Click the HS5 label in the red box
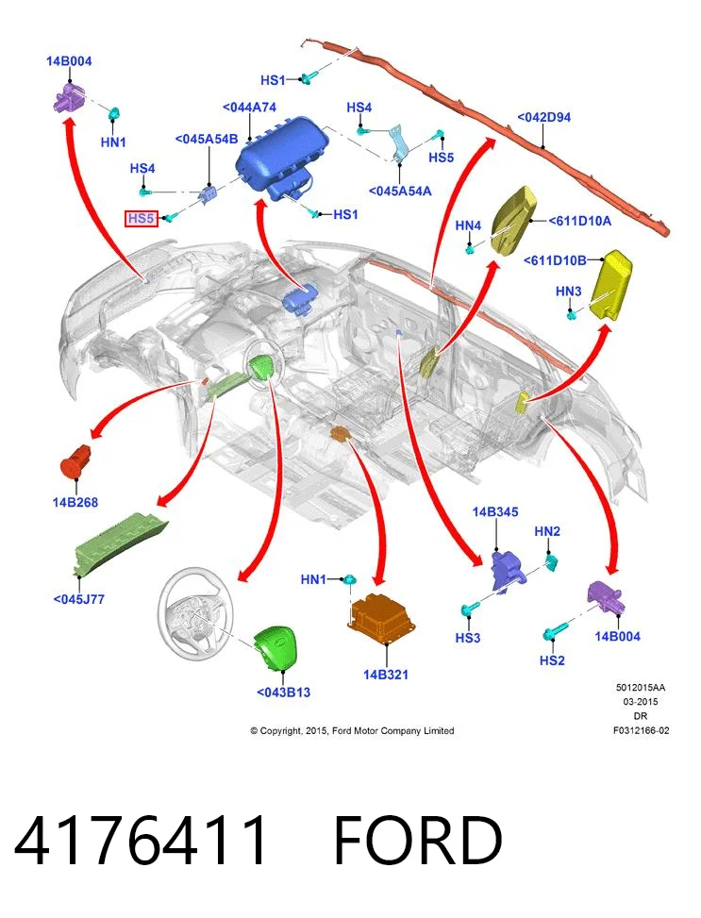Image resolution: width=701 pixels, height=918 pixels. point(142,218)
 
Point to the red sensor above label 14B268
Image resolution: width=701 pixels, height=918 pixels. point(75,460)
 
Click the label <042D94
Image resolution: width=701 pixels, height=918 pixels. point(543,117)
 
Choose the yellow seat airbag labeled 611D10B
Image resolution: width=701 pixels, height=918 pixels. point(611,285)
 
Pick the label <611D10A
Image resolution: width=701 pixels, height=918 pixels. point(579,221)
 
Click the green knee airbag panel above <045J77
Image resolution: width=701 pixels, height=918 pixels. point(120,542)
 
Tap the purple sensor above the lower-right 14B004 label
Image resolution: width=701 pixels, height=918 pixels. point(605,597)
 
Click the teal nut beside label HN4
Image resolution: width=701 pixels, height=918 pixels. point(470,249)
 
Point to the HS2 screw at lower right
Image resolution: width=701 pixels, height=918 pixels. point(554,632)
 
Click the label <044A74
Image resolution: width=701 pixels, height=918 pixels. point(249,108)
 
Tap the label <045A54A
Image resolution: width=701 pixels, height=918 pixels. point(400,191)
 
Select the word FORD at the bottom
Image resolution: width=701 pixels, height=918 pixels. point(418,841)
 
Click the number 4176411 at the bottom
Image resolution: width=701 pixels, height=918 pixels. point(140,841)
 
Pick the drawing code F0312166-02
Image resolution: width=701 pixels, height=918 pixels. point(641,730)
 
